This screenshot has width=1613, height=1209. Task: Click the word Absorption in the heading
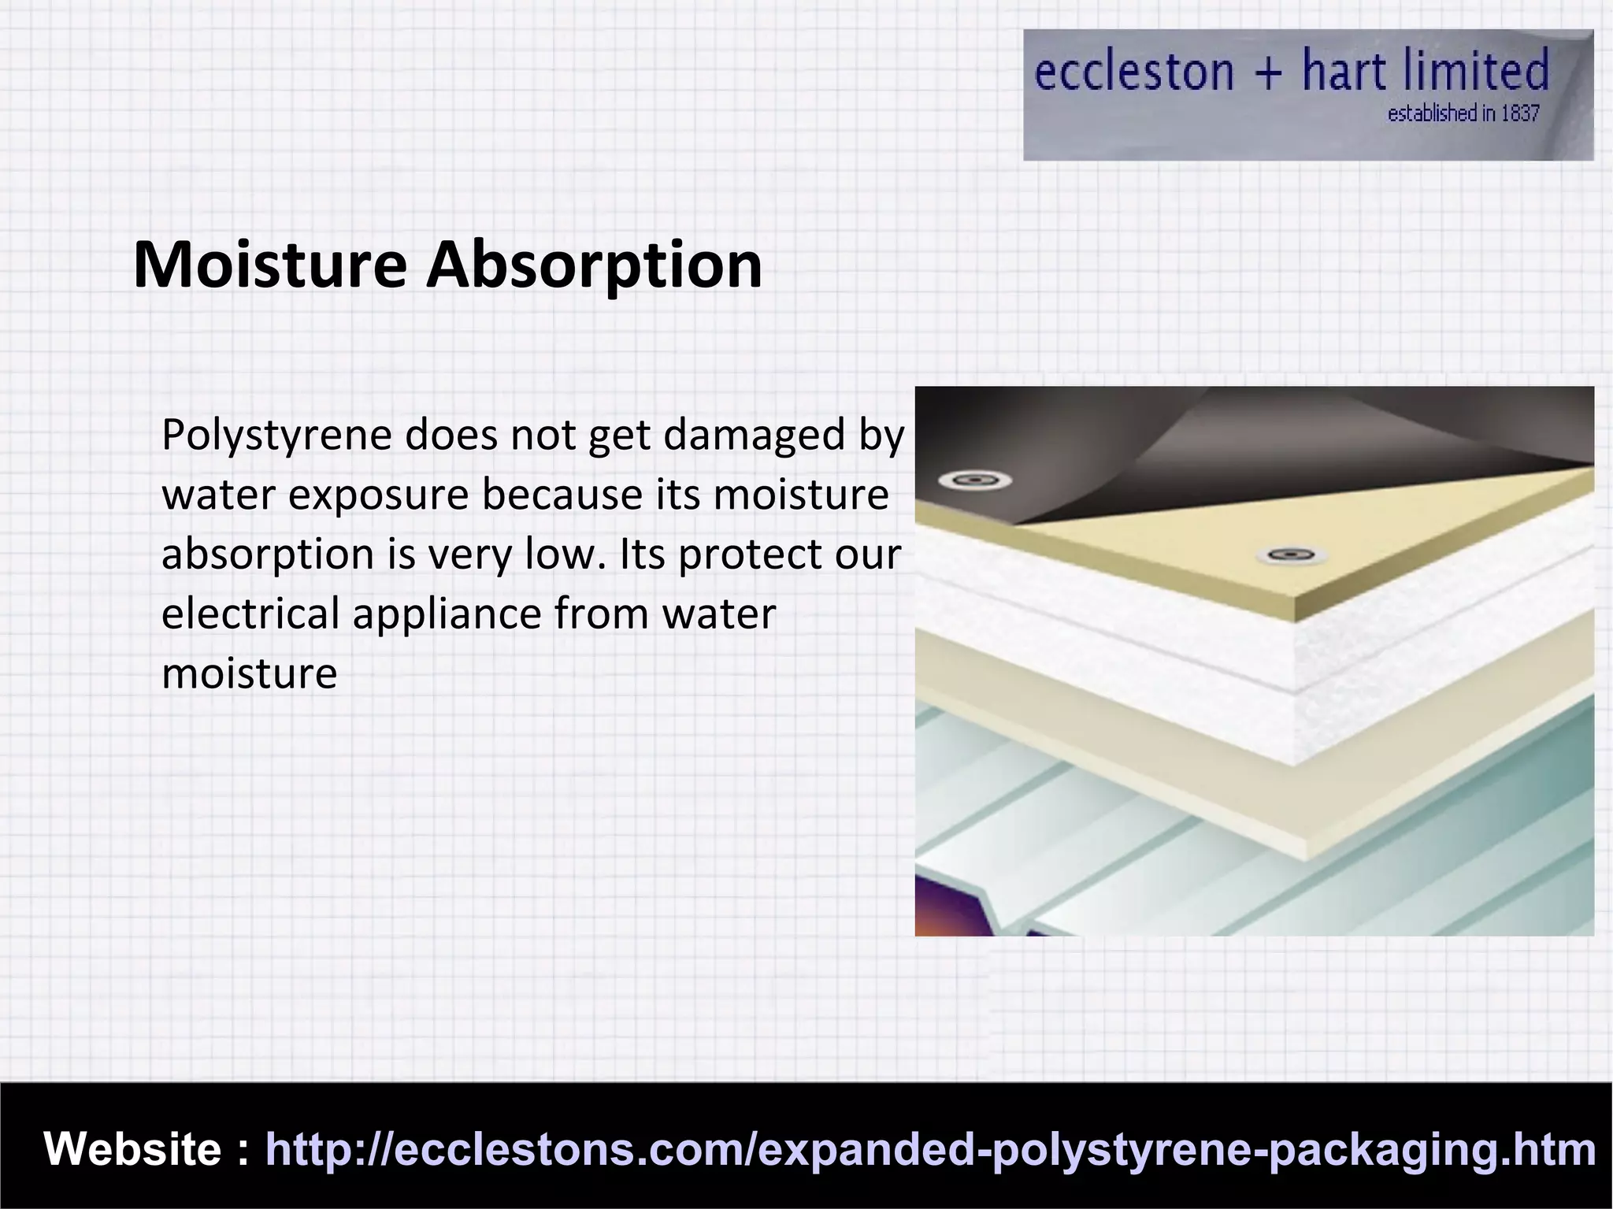[594, 265]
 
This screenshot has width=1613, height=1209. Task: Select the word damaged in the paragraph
[754, 436]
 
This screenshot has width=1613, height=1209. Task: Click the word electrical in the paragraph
[250, 614]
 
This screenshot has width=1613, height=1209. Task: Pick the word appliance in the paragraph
[447, 614]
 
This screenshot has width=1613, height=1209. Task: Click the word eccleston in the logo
[1133, 72]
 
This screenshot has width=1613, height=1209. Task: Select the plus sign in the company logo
[1268, 74]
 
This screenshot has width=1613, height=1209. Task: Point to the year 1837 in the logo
[1519, 114]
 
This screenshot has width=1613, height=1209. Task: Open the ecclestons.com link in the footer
[929, 1149]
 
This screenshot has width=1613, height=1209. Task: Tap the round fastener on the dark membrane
[975, 480]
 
